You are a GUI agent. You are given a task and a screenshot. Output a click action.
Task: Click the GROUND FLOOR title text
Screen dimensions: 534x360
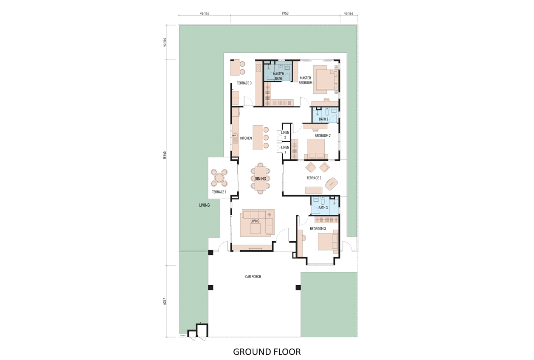pos(267,352)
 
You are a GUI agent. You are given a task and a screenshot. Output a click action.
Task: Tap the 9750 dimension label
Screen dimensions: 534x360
pos(285,13)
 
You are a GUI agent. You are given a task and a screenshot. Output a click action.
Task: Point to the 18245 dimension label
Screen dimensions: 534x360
pos(165,155)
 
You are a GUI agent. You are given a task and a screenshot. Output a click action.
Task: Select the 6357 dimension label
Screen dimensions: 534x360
pos(165,301)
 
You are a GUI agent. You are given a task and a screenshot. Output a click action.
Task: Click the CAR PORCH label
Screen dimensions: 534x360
pos(253,276)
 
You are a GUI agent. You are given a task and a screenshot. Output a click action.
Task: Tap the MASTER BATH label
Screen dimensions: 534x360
pos(278,76)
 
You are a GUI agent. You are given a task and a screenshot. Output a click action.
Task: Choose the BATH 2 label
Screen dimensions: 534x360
pos(323,119)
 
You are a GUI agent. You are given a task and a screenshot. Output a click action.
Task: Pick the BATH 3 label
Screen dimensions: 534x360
pos(323,208)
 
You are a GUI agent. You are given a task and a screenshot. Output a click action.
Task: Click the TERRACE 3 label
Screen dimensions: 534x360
pos(244,83)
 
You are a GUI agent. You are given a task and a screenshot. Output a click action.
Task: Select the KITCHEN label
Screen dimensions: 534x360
pos(246,138)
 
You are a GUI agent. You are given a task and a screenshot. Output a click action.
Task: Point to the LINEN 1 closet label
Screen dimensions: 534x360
pos(285,150)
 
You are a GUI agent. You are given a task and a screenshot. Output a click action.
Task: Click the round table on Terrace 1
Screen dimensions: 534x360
pos(219,177)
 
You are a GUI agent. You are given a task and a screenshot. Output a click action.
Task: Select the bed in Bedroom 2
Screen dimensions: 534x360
pos(316,149)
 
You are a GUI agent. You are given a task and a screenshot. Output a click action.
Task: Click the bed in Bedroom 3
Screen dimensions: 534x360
pos(328,242)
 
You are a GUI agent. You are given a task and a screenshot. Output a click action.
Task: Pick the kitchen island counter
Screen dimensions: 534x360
pos(258,138)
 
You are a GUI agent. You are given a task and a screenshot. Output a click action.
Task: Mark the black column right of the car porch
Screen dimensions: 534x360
pos(298,287)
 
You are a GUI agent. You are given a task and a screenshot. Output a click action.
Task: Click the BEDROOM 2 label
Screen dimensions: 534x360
pos(323,136)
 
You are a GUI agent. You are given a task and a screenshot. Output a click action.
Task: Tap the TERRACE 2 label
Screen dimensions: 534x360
pos(314,178)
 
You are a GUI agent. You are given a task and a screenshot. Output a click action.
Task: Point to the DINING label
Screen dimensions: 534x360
pos(260,179)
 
